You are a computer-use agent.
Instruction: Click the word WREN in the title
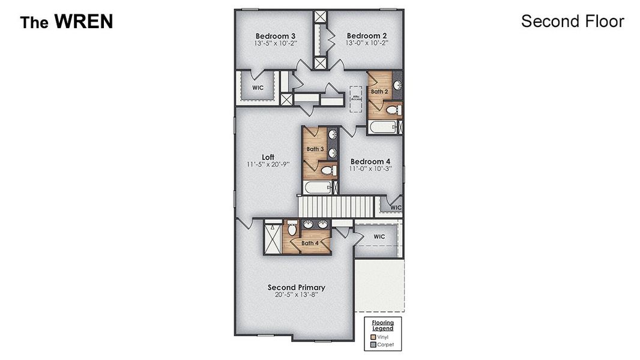pyautogui.click(x=83, y=22)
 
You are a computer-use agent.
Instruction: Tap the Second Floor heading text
pyautogui.click(x=572, y=22)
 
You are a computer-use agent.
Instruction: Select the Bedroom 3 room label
pyautogui.click(x=275, y=35)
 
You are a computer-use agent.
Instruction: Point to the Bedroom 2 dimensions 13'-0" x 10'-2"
pyautogui.click(x=366, y=43)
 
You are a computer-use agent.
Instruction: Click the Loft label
pyautogui.click(x=268, y=157)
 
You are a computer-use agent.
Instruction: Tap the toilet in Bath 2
pyautogui.click(x=393, y=110)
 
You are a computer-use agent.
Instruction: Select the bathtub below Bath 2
pyautogui.click(x=382, y=127)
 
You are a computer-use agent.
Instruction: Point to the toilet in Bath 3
pyautogui.click(x=327, y=171)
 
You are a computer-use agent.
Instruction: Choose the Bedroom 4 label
pyautogui.click(x=370, y=161)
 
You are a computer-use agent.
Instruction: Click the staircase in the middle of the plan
pyautogui.click(x=336, y=208)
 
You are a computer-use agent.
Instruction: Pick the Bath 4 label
pyautogui.click(x=310, y=243)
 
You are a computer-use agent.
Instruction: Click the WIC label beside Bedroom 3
pyautogui.click(x=258, y=87)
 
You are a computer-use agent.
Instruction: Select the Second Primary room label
pyautogui.click(x=296, y=287)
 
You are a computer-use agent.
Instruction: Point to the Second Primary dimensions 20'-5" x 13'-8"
pyautogui.click(x=296, y=295)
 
